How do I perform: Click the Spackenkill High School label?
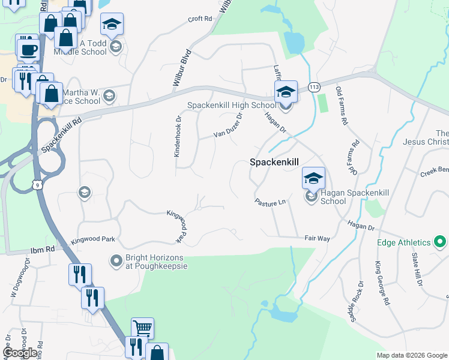232,105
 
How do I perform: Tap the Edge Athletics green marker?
440,242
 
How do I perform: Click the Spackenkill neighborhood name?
274,162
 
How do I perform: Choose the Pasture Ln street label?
269,203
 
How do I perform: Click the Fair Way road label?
317,239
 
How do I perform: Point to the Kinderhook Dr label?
177,136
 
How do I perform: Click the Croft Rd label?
200,19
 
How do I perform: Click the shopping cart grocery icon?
142,328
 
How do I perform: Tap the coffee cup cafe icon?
28,49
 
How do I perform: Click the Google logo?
20,352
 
